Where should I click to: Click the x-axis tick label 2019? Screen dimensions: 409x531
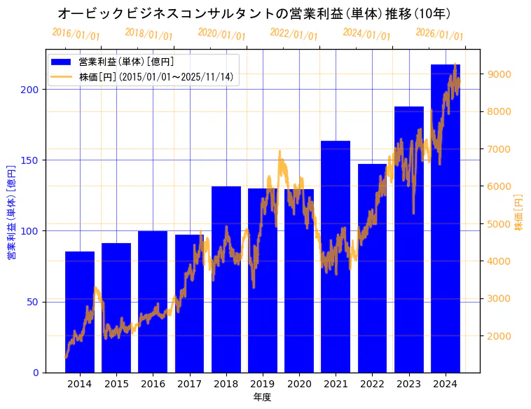[x=263, y=384]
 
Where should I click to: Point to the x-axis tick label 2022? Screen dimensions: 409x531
[x=372, y=384]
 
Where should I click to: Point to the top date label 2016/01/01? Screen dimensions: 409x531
[x=76, y=34]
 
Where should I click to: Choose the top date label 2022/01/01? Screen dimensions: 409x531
[x=294, y=34]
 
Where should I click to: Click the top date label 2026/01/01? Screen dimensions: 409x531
[x=439, y=34]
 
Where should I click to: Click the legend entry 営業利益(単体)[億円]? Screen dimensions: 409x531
[x=126, y=62]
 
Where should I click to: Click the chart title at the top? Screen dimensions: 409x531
[x=254, y=14]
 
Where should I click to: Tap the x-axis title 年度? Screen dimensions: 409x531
[x=262, y=397]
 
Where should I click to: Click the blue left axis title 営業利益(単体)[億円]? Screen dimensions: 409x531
[x=11, y=212]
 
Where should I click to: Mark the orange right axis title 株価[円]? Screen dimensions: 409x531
[x=518, y=212]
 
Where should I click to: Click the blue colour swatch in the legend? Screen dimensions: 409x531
[x=62, y=62]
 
